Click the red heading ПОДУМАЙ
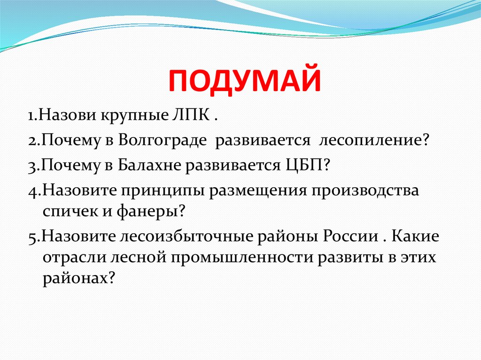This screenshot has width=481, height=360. [245, 81]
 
